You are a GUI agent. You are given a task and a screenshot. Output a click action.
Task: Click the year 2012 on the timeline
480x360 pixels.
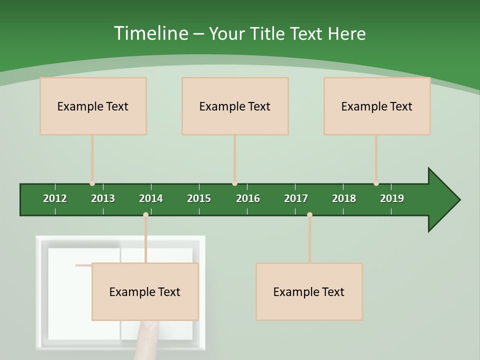pos(55,198)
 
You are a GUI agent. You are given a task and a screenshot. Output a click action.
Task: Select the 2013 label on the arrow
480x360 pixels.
pos(103,198)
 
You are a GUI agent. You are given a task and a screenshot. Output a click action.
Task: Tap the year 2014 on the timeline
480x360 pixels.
pos(151,198)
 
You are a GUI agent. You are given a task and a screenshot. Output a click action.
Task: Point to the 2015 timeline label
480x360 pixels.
pos(199,198)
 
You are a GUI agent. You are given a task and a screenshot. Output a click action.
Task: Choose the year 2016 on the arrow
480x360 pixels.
pos(248,198)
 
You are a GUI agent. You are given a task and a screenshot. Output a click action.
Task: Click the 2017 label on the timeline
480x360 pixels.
pos(296,198)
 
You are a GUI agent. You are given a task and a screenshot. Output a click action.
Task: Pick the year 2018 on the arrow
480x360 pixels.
pos(344,198)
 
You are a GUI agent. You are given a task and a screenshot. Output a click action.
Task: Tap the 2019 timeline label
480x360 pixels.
pos(392,198)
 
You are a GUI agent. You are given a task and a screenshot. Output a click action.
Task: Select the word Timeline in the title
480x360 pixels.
pos(150,33)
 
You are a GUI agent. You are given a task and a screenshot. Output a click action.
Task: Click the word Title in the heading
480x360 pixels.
pos(267,33)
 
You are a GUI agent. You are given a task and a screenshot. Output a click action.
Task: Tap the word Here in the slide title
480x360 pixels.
pos(346,33)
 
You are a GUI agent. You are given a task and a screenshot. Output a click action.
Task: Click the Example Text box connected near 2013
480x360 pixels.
pos(93,106)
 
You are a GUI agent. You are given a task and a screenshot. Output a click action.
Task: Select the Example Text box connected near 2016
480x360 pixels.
pos(235,106)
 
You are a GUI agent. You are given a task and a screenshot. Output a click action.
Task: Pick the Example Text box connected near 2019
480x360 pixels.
pos(377,106)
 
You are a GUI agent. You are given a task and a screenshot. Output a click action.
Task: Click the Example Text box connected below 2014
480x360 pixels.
pos(145,292)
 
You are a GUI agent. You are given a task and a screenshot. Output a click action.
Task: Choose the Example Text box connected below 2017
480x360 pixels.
pos(309,292)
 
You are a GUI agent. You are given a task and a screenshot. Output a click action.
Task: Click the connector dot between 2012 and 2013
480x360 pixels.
pos(92,183)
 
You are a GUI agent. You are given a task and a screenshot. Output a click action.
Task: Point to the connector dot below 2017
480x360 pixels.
pos(309,215)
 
